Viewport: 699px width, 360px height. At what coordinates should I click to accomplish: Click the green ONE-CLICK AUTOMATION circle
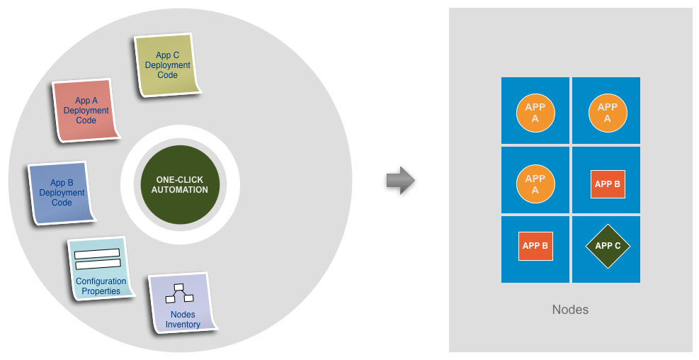180,185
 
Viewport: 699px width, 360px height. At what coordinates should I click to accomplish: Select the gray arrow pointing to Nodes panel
400,180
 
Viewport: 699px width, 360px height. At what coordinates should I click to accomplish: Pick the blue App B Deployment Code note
62,193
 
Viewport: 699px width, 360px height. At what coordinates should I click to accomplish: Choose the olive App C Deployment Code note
167,65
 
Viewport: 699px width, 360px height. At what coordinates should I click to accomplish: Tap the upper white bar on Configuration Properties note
97,254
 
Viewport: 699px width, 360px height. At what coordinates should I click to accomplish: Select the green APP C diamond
608,246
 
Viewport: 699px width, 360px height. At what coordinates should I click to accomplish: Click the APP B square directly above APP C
608,184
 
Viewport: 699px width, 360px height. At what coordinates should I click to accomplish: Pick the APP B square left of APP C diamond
535,246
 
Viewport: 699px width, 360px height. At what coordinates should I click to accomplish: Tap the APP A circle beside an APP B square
535,184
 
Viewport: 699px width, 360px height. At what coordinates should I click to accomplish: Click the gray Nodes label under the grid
570,310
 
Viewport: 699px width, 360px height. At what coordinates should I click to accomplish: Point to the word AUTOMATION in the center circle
180,190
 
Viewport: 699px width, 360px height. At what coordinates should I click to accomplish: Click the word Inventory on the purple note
183,325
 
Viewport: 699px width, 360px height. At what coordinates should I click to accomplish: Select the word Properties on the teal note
101,291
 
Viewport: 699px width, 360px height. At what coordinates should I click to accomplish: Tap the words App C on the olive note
167,55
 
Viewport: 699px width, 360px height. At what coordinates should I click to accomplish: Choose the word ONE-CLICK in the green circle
180,180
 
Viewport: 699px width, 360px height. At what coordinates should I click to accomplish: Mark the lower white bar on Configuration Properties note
97,264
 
